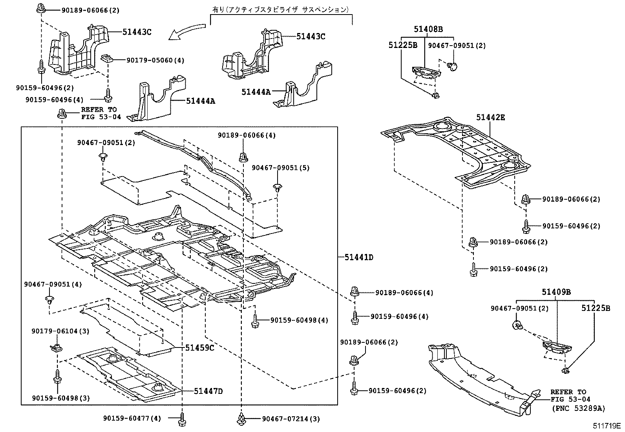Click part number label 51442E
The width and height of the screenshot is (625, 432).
[x=491, y=117]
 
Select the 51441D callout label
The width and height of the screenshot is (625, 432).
[x=359, y=257]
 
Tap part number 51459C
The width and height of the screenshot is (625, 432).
[x=199, y=348]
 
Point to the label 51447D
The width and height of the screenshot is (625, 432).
[x=208, y=391]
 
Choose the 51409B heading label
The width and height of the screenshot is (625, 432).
[x=556, y=292]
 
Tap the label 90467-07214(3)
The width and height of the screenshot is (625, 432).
[x=291, y=419]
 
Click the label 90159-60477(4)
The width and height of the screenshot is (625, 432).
[x=132, y=419]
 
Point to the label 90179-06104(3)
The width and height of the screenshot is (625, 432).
[x=60, y=331]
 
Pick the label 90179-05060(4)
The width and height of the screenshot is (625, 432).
[x=155, y=60]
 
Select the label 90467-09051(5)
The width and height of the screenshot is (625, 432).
[x=280, y=168]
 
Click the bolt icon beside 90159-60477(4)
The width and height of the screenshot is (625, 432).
[x=182, y=419]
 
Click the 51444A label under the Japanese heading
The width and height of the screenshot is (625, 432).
[x=256, y=92]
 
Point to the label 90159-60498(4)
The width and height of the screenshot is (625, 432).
[x=299, y=320]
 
